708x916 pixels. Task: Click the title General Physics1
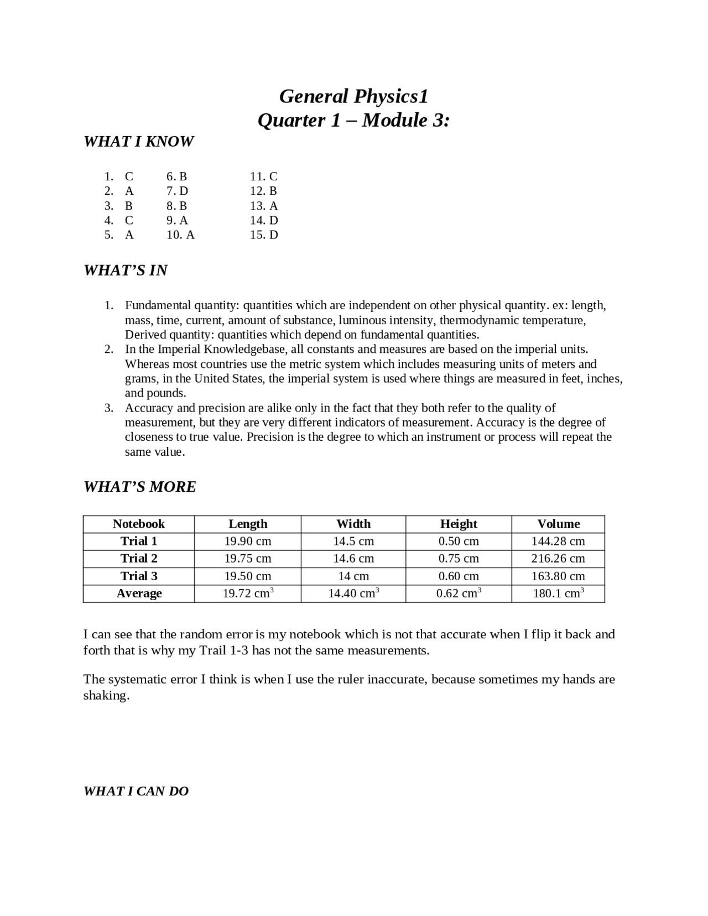tap(353, 96)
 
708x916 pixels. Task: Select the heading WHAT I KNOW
tap(138, 142)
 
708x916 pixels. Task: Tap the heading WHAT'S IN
tap(126, 270)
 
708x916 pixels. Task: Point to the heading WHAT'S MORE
tap(140, 487)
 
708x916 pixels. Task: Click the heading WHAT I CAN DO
tap(136, 791)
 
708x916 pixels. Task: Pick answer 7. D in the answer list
tap(177, 191)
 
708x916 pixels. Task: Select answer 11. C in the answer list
tap(263, 176)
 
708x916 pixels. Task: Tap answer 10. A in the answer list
tap(180, 235)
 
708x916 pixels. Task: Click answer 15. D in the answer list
tap(263, 235)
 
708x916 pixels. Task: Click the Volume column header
tap(558, 524)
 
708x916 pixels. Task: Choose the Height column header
tap(459, 524)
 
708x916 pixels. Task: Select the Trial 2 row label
tap(139, 558)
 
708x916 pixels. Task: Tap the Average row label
tap(139, 594)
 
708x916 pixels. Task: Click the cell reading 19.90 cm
tap(248, 541)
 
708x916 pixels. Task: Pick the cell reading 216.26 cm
tap(558, 558)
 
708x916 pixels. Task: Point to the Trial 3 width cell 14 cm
tap(353, 576)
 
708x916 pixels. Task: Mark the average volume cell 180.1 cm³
tap(558, 594)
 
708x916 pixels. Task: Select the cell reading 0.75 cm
tap(459, 558)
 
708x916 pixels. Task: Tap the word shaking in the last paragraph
tap(106, 695)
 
